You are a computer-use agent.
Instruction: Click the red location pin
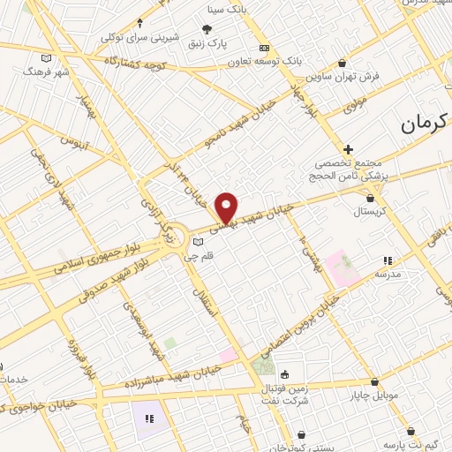(x=227, y=207)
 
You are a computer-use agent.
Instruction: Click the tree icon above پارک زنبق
(x=207, y=29)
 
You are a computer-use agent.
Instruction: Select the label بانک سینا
(x=222, y=10)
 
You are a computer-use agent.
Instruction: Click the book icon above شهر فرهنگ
(x=46, y=58)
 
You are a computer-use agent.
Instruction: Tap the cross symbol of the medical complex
(x=349, y=149)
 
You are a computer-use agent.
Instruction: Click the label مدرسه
(x=388, y=274)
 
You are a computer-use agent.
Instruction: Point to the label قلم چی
(x=195, y=257)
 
